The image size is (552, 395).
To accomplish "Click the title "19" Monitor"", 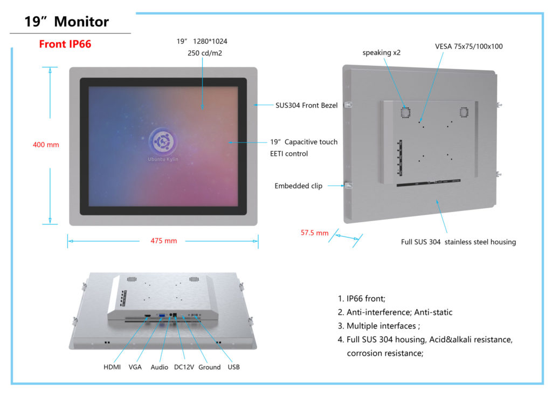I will (x=67, y=22).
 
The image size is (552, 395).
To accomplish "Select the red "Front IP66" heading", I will (x=65, y=44).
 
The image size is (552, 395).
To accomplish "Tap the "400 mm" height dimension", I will (x=46, y=145).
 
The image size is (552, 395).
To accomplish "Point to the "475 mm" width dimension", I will (x=163, y=241).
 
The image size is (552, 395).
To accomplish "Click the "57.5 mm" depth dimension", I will (x=314, y=233).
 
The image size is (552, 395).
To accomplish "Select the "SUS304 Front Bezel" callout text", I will (x=306, y=106).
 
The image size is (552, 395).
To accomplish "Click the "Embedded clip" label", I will (x=298, y=186).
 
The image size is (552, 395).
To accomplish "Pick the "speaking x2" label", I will (x=381, y=53).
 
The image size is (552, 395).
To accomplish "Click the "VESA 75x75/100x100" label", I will (x=468, y=46).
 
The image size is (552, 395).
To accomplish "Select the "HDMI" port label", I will (x=112, y=367).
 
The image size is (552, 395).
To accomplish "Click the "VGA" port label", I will (x=135, y=367).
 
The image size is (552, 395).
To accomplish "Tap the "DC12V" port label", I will (x=184, y=367).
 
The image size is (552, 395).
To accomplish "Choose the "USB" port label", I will (x=233, y=367).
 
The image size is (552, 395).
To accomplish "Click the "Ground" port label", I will (x=209, y=367).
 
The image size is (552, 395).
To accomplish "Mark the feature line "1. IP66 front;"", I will (x=361, y=298).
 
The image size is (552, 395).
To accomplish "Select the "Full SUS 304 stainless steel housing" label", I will (x=458, y=242).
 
